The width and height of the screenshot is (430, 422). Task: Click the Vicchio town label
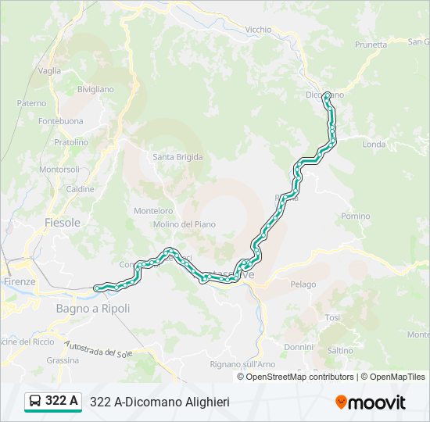point(258,30)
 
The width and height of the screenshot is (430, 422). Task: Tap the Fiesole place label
point(63,223)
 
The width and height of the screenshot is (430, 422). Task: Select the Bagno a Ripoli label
point(93,309)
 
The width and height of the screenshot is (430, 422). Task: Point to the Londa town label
point(374,145)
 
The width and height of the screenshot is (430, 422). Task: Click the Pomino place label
point(356,216)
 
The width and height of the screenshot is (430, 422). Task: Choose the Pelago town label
point(303,284)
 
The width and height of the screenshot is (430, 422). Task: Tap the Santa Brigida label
point(177,157)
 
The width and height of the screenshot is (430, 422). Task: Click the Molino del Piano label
point(185,224)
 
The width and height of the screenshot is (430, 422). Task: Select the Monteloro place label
point(153,211)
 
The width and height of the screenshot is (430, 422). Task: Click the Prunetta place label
point(371,45)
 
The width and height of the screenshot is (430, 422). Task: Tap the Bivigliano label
point(96,90)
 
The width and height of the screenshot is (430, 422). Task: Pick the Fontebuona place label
point(60,121)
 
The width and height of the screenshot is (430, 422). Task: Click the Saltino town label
point(341,351)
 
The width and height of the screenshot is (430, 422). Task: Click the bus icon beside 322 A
point(35,402)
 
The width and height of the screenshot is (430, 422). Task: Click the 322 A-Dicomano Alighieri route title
point(159,402)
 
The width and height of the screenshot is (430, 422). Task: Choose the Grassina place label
point(63,360)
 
